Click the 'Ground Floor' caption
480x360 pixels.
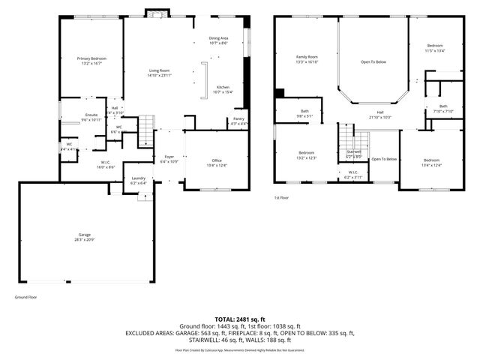pos(26,298)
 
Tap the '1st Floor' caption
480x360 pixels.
pos(282,198)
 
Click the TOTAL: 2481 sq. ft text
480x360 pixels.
pos(240,319)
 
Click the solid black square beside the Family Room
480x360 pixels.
pos(279,94)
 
